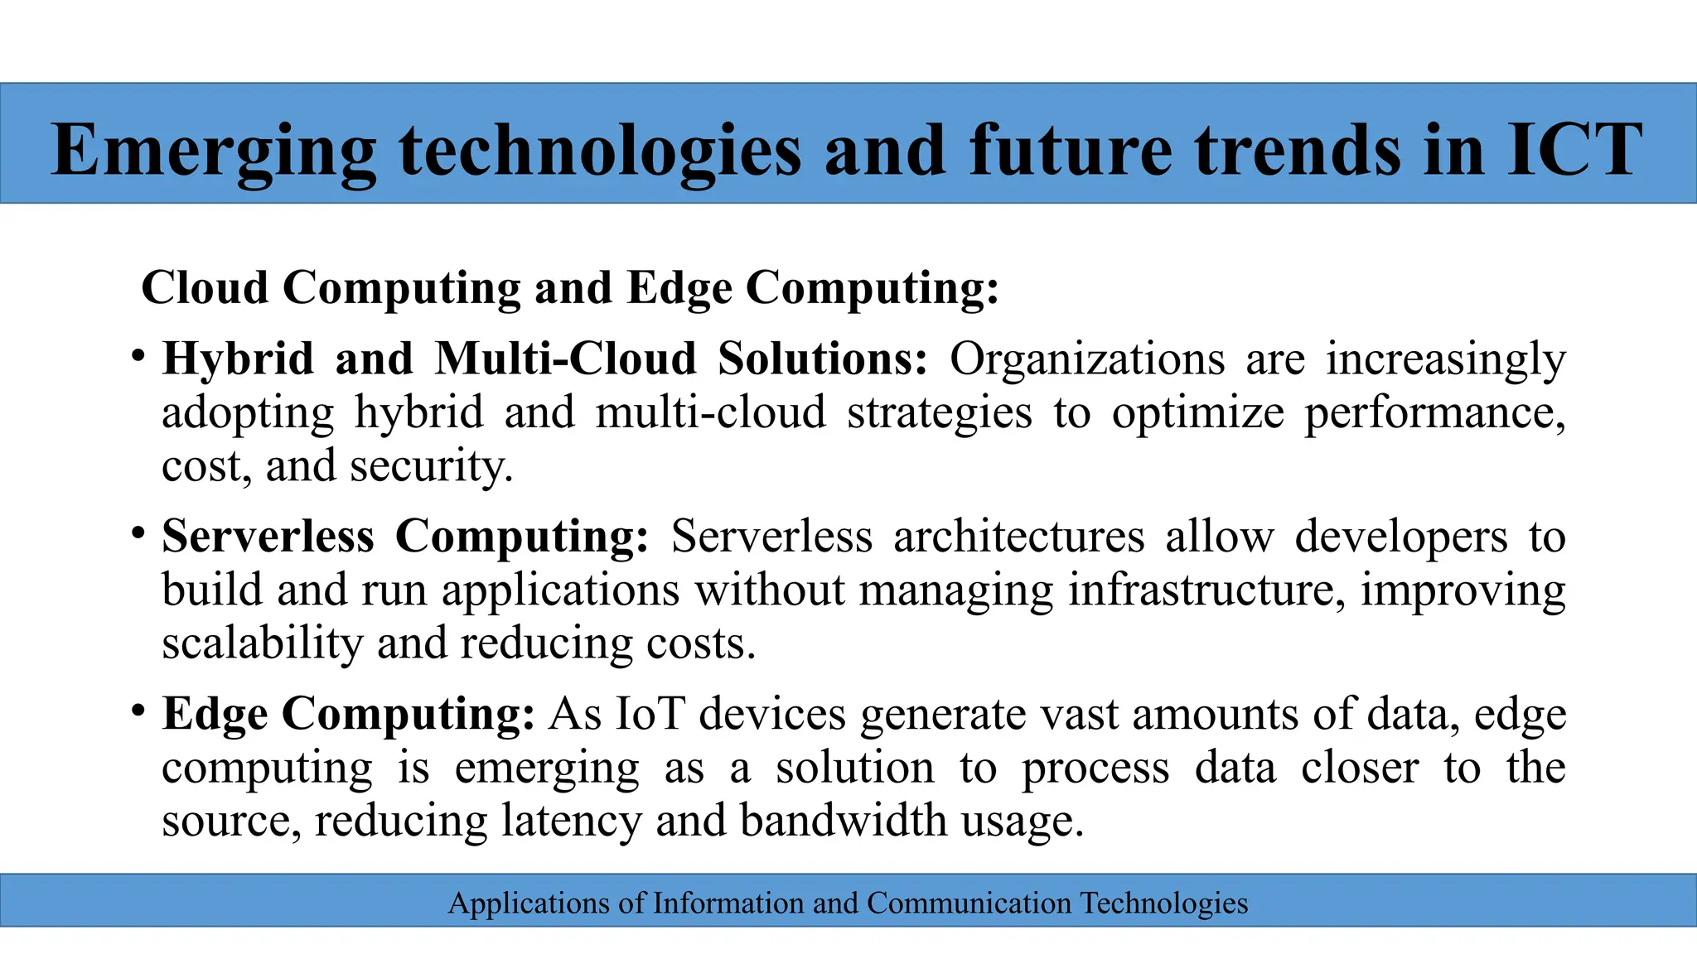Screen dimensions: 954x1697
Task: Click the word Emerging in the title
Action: pyautogui.click(x=214, y=151)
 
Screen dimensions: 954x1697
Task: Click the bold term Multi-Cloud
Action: pyautogui.click(x=566, y=359)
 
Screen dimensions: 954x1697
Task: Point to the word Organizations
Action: pyautogui.click(x=1086, y=359)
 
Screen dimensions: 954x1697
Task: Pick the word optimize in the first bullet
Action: pyautogui.click(x=1197, y=412)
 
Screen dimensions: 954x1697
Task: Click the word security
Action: pyautogui.click(x=431, y=466)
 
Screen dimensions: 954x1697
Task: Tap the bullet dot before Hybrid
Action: pyautogui.click(x=138, y=356)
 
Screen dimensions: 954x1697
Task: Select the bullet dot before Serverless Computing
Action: pyautogui.click(x=138, y=533)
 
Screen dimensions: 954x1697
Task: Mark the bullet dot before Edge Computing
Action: pyautogui.click(x=138, y=711)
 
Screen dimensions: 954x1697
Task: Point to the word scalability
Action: pyautogui.click(x=262, y=643)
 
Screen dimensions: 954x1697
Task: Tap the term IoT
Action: pyautogui.click(x=650, y=713)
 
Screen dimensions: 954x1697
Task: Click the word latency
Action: pyautogui.click(x=571, y=821)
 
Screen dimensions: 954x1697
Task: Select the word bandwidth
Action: pyautogui.click(x=843, y=821)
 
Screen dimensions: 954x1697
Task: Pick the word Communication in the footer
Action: pyautogui.click(x=969, y=903)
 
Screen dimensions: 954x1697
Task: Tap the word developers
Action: pyautogui.click(x=1400, y=536)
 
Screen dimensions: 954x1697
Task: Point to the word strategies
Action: pyautogui.click(x=939, y=412)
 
